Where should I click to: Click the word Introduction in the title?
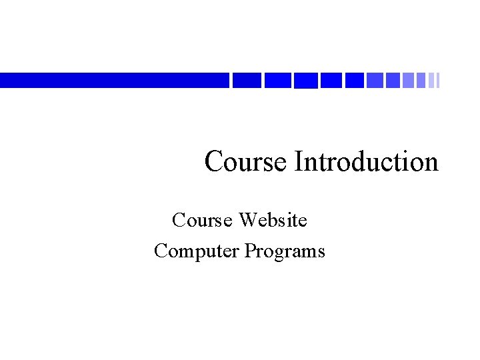(x=366, y=162)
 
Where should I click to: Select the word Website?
(x=273, y=219)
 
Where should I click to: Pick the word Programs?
(x=285, y=251)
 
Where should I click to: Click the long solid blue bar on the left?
(x=113, y=80)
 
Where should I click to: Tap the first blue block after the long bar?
(x=247, y=80)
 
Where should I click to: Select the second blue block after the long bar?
(x=277, y=80)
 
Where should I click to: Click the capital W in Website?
(x=247, y=219)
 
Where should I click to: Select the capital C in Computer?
(x=160, y=251)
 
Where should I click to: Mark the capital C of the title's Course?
(x=214, y=162)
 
